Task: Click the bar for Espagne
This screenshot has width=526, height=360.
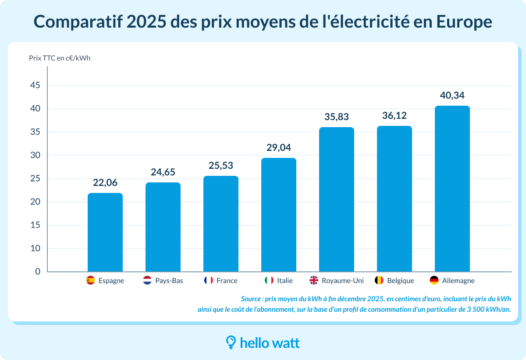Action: pyautogui.click(x=105, y=232)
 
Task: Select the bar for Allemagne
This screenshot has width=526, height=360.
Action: pyautogui.click(x=452, y=189)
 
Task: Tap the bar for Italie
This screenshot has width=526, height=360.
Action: pyautogui.click(x=279, y=215)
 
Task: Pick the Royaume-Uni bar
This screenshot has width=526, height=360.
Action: pyautogui.click(x=336, y=200)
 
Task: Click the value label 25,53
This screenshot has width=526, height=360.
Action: pyautogui.click(x=221, y=166)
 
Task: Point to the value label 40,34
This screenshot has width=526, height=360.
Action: pyautogui.click(x=452, y=96)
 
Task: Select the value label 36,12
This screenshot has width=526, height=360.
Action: pyautogui.click(x=394, y=116)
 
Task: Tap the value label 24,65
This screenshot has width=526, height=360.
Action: pyautogui.click(x=163, y=172)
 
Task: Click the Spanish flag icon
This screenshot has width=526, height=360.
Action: pyautogui.click(x=91, y=281)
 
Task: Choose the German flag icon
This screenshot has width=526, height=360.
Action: pyautogui.click(x=434, y=281)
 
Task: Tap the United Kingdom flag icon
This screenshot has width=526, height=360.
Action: pyautogui.click(x=314, y=281)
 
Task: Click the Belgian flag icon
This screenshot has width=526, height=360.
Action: pyautogui.click(x=380, y=281)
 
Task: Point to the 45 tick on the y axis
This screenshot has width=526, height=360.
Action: pyautogui.click(x=35, y=86)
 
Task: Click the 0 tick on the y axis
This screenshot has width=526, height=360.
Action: pyautogui.click(x=38, y=272)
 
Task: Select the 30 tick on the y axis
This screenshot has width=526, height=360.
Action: pyautogui.click(x=35, y=155)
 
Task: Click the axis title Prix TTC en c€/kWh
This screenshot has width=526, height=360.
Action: pyautogui.click(x=60, y=58)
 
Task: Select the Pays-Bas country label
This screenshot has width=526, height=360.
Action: pyautogui.click(x=169, y=281)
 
